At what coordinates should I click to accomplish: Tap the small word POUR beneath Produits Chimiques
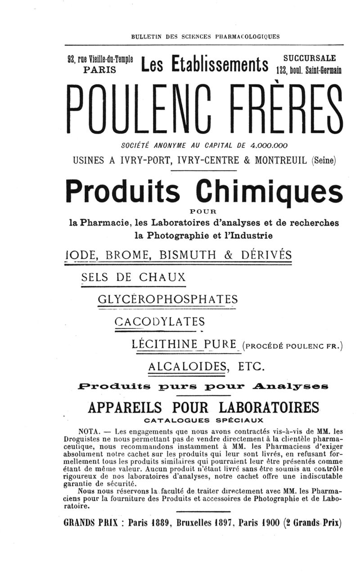[x=204, y=210]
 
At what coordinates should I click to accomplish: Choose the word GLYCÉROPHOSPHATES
[x=167, y=299]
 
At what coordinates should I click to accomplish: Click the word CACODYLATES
[x=160, y=322]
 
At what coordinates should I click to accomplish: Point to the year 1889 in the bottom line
[x=159, y=523]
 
